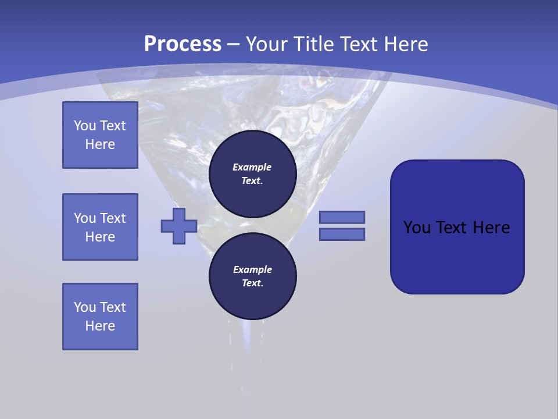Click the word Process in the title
point(183,44)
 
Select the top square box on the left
point(100,135)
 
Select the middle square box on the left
point(100,227)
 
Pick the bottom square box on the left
point(100,317)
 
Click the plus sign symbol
point(179,226)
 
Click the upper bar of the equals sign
point(342,217)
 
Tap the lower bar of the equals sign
point(342,234)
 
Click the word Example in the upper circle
point(252,167)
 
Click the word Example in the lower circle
point(252,269)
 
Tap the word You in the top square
point(84,126)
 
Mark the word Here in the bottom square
point(100,326)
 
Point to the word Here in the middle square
point(100,237)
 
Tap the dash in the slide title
point(234,44)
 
